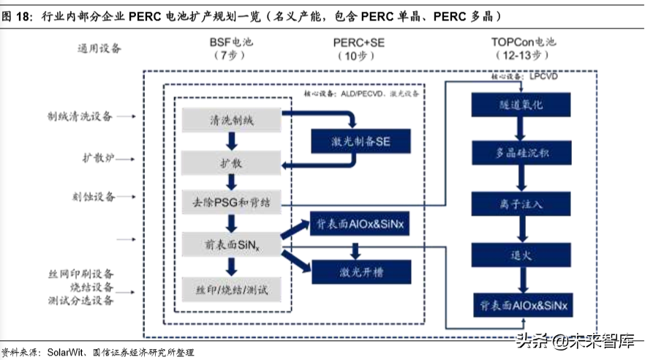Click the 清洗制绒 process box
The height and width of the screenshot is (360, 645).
click(232, 119)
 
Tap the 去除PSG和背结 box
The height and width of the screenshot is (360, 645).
click(232, 203)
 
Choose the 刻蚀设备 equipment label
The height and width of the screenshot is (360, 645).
click(91, 196)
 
